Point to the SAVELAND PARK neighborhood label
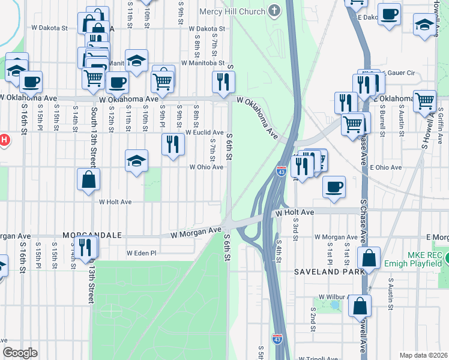click(329, 272)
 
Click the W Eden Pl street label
click(141, 253)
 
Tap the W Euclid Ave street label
click(204, 132)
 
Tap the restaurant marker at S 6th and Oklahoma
click(223, 82)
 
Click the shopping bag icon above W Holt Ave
click(88, 179)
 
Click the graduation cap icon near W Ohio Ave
click(136, 160)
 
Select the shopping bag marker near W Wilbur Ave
click(360, 306)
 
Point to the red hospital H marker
click(3, 141)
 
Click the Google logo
click(20, 353)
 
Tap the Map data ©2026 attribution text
click(423, 355)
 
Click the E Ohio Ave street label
click(385, 167)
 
